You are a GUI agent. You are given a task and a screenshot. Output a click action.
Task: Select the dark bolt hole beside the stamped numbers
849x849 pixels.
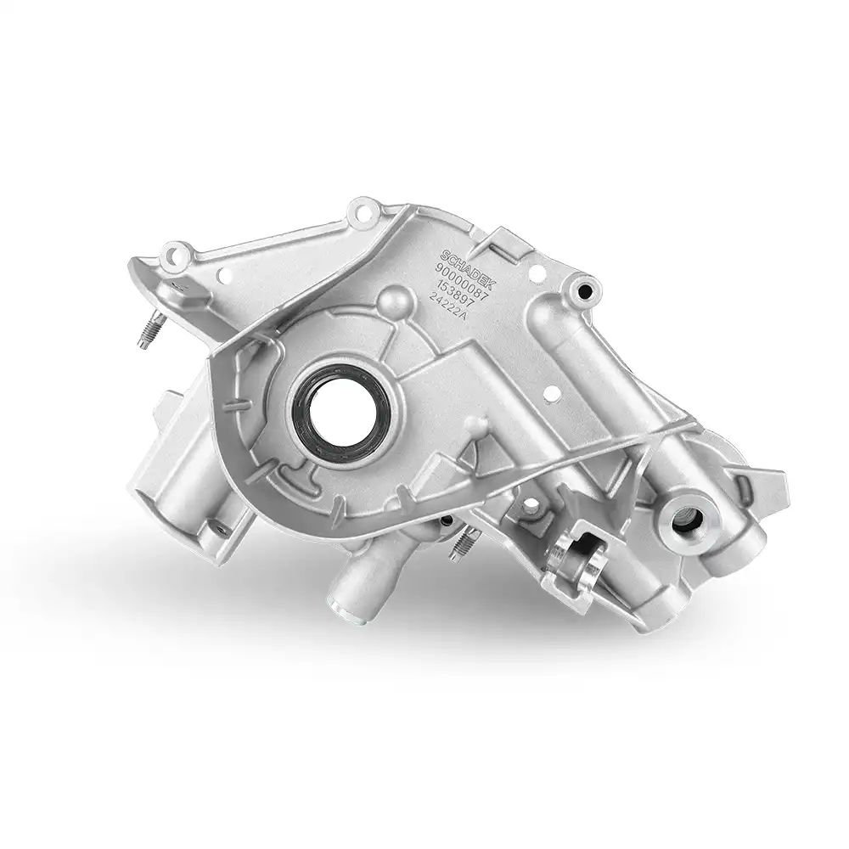click(584, 291)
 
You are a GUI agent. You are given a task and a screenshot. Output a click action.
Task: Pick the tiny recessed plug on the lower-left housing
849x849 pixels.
click(219, 527)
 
